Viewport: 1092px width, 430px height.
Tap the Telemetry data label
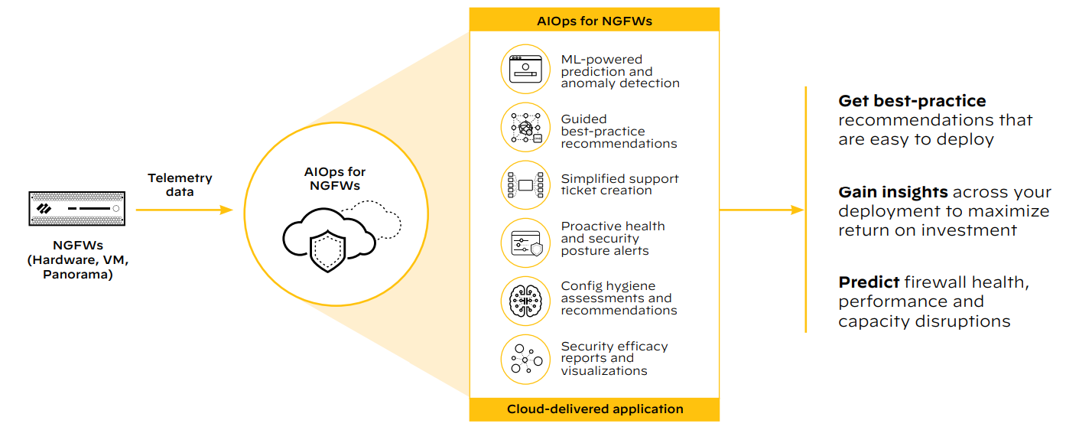click(180, 184)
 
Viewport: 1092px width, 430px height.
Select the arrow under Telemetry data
click(184, 210)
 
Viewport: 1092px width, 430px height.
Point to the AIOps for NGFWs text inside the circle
click(334, 178)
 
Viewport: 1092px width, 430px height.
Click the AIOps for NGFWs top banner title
click(594, 21)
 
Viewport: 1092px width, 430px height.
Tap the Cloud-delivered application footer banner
click(594, 409)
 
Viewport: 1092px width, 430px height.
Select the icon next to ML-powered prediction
click(525, 69)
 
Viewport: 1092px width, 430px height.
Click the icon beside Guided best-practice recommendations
click(525, 128)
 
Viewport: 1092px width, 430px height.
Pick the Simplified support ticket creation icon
click(525, 185)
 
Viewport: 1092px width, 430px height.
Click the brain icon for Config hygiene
click(525, 301)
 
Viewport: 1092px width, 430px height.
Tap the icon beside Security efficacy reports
click(525, 359)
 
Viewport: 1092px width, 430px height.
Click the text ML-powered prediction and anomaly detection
click(619, 71)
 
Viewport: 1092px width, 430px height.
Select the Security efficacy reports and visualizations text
click(614, 358)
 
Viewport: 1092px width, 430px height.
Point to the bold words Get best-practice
click(912, 101)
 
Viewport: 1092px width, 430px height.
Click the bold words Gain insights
click(893, 192)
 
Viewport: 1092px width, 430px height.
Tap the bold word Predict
click(869, 282)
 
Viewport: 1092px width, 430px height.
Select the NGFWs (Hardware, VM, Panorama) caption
click(78, 260)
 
